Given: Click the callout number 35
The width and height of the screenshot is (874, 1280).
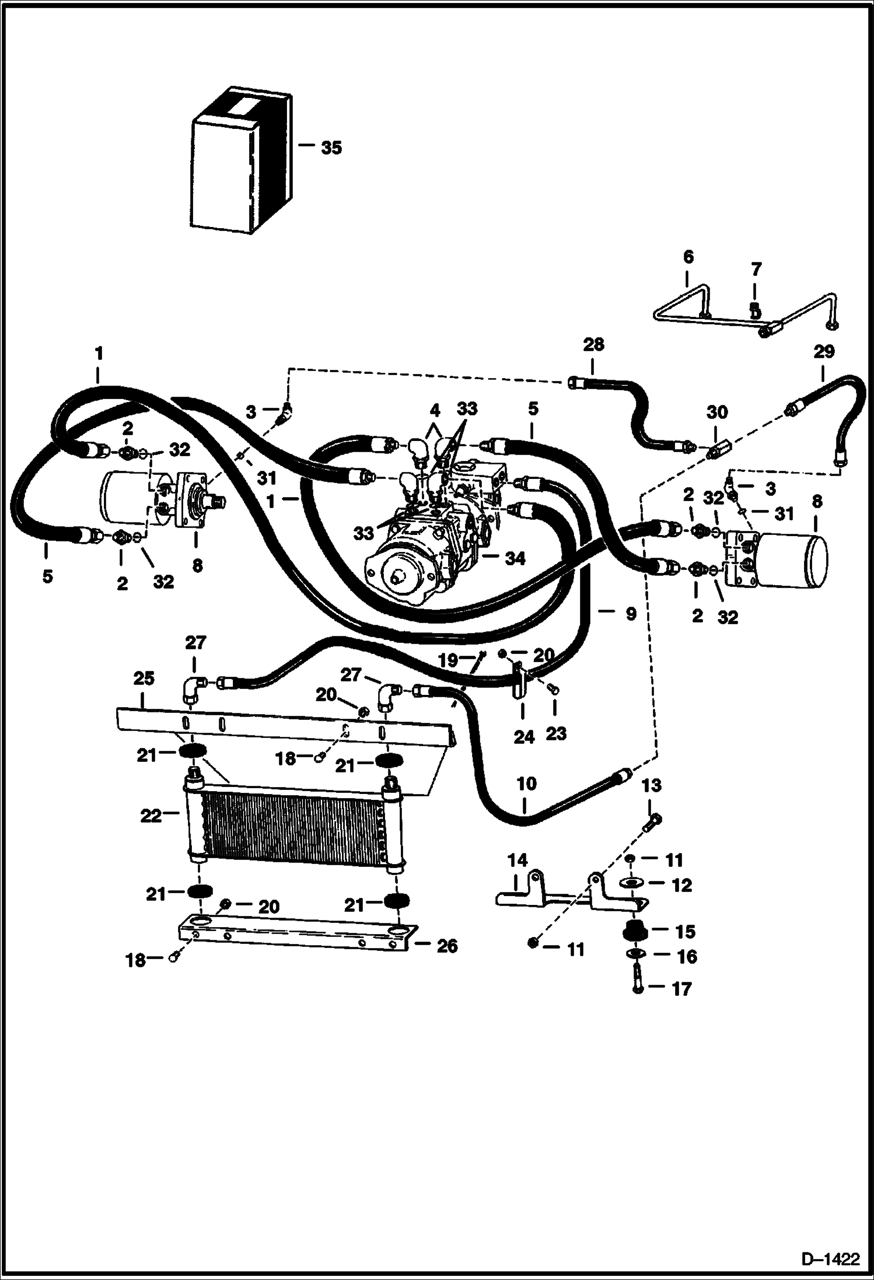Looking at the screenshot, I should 331,148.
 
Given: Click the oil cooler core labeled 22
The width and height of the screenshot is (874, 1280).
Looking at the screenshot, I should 292,829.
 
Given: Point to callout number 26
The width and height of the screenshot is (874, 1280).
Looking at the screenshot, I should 448,946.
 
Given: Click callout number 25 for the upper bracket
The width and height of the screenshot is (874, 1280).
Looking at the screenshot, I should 144,679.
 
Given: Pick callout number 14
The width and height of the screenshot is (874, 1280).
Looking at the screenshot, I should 518,860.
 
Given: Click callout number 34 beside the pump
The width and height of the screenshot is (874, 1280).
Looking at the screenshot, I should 515,559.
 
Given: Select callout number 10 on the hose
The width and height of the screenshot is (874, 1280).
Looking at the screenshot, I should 527,784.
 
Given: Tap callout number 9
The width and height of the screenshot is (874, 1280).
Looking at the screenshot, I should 631,614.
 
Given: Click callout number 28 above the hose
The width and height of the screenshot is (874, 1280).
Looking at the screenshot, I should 594,345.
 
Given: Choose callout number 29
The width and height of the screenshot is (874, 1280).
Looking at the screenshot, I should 824,352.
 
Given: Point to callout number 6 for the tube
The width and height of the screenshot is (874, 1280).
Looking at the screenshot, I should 688,257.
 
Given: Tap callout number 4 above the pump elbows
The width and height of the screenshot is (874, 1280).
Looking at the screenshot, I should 434,410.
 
